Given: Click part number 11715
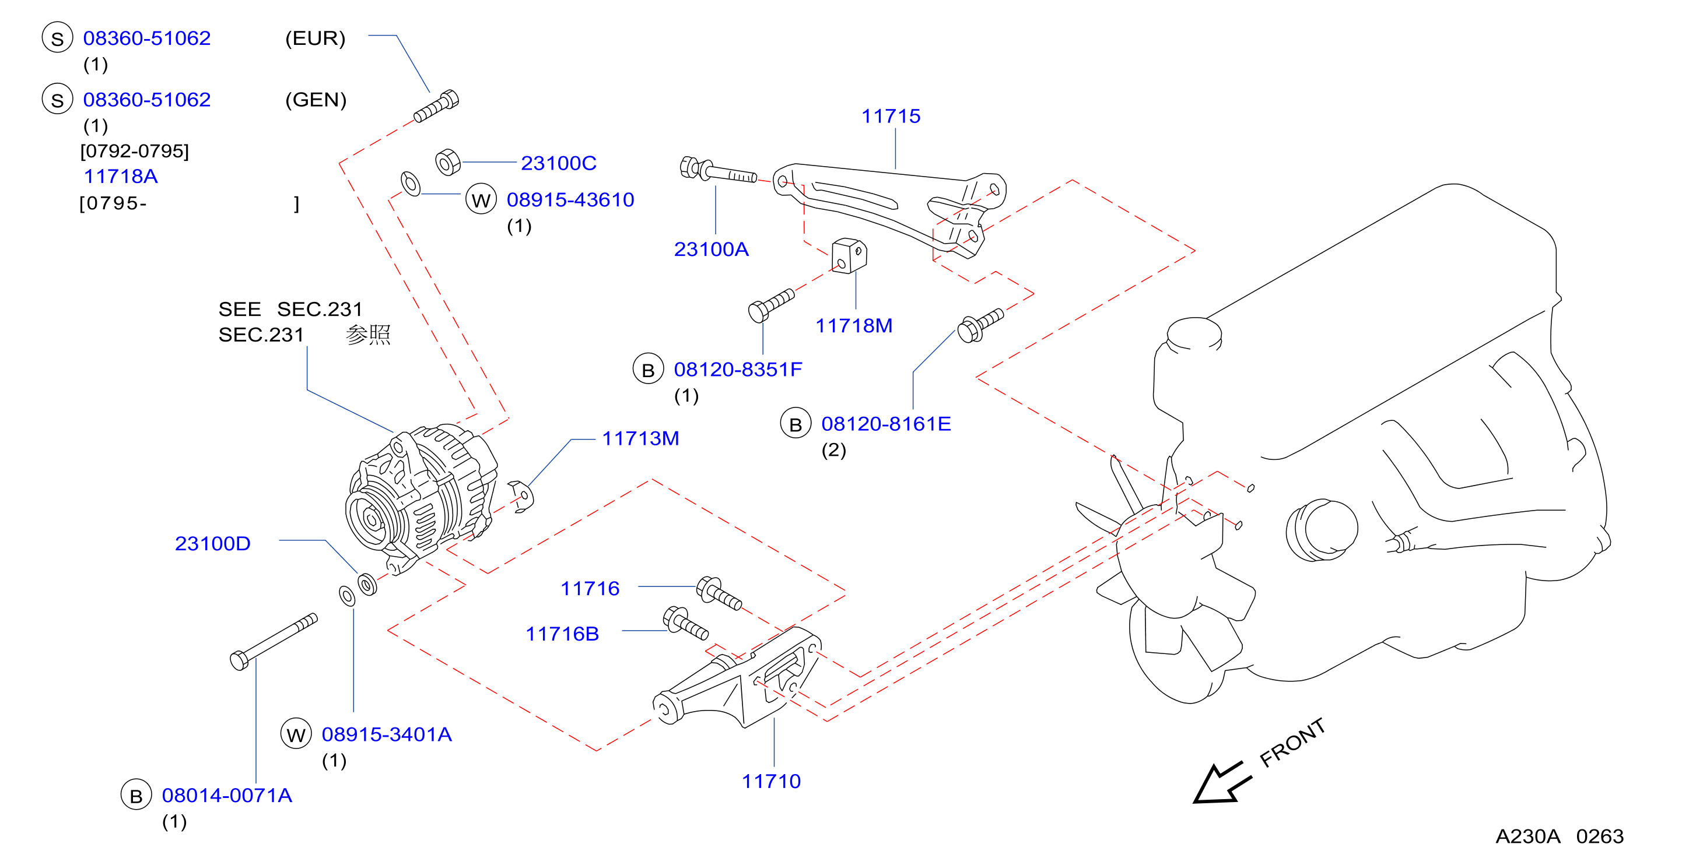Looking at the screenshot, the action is tap(891, 116).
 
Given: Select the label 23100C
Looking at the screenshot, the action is tap(559, 163).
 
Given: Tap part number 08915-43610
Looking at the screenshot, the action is tap(570, 200).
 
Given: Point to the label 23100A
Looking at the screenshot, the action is tap(712, 249).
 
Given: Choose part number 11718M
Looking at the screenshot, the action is tap(854, 326).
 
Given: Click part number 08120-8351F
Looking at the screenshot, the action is tap(738, 370).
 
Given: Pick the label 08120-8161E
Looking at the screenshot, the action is tap(886, 424).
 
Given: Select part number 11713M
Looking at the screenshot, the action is tap(640, 438).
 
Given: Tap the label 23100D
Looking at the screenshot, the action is tap(212, 543).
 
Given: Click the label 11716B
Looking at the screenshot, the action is tap(562, 634).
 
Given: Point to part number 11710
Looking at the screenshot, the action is tap(771, 781).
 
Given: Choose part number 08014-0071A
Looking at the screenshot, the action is tap(227, 796).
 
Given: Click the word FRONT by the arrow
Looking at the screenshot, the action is tap(1292, 743).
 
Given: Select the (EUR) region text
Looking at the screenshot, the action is tap(316, 38).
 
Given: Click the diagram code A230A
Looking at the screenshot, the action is tap(1527, 836).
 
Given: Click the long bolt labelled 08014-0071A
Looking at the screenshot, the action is tap(274, 642).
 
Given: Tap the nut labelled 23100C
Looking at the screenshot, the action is tap(448, 162).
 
